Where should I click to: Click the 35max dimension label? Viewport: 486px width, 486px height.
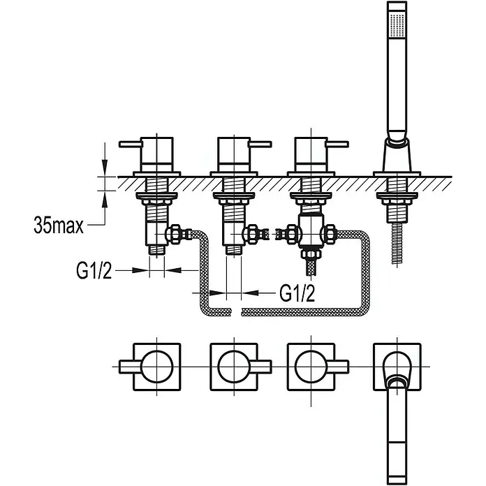coord(59,226)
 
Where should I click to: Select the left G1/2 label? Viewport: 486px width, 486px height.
coord(94,270)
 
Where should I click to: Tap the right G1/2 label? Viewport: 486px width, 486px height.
coord(297,293)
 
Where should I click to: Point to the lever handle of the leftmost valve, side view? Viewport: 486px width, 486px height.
coord(131,144)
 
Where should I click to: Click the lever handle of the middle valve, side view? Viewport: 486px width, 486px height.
coord(260,144)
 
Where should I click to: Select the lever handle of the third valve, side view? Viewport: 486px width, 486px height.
coord(337,144)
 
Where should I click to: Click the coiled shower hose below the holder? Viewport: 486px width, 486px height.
coord(397,244)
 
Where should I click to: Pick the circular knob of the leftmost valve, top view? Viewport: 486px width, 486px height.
coord(156,367)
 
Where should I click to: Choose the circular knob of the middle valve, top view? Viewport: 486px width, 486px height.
coord(234,367)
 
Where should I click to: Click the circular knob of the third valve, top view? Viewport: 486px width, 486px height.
coord(311,367)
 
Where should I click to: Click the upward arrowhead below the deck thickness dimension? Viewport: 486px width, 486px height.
coord(105,198)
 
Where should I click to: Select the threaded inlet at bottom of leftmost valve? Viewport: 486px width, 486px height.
coord(157,250)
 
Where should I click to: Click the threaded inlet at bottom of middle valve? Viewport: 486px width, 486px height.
coord(234,250)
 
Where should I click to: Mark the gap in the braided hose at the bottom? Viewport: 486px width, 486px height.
coord(236,312)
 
